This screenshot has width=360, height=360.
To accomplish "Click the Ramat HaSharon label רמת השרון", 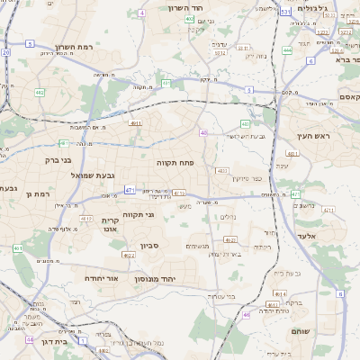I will [74, 46].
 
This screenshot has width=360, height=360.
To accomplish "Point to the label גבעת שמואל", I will [90, 175].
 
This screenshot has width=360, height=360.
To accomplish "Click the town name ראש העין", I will [314, 136].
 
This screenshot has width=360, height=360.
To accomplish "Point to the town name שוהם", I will [300, 332].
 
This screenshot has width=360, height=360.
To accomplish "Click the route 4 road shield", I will [141, 13].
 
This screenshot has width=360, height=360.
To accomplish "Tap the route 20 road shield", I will [5, 52].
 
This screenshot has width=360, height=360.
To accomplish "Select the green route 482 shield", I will [40, 92].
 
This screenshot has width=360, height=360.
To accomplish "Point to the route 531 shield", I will [284, 12].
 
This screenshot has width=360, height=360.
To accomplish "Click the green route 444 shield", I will [287, 51].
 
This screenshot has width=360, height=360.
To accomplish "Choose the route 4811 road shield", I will [135, 123].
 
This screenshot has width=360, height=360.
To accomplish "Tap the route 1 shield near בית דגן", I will [83, 342].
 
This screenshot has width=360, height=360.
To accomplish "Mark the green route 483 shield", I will [245, 124].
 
